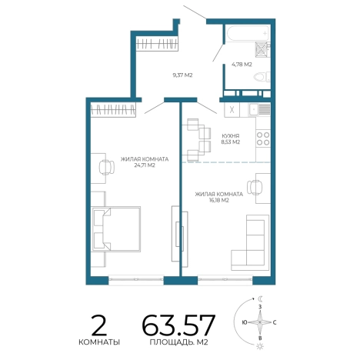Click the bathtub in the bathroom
248,33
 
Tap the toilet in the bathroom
262,77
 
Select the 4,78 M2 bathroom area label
242,65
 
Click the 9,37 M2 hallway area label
182,75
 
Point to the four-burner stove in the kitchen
263,138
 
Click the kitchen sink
259,110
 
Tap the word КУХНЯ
231,136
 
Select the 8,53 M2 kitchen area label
231,142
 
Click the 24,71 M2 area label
145,165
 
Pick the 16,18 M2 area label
218,200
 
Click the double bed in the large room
116,228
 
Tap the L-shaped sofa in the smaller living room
250,242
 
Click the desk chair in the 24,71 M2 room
106,168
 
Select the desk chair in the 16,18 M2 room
255,188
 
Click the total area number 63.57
178,325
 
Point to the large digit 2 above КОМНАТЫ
99,325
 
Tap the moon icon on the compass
261,298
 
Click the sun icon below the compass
260,346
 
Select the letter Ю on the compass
245,322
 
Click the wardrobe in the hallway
157,44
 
